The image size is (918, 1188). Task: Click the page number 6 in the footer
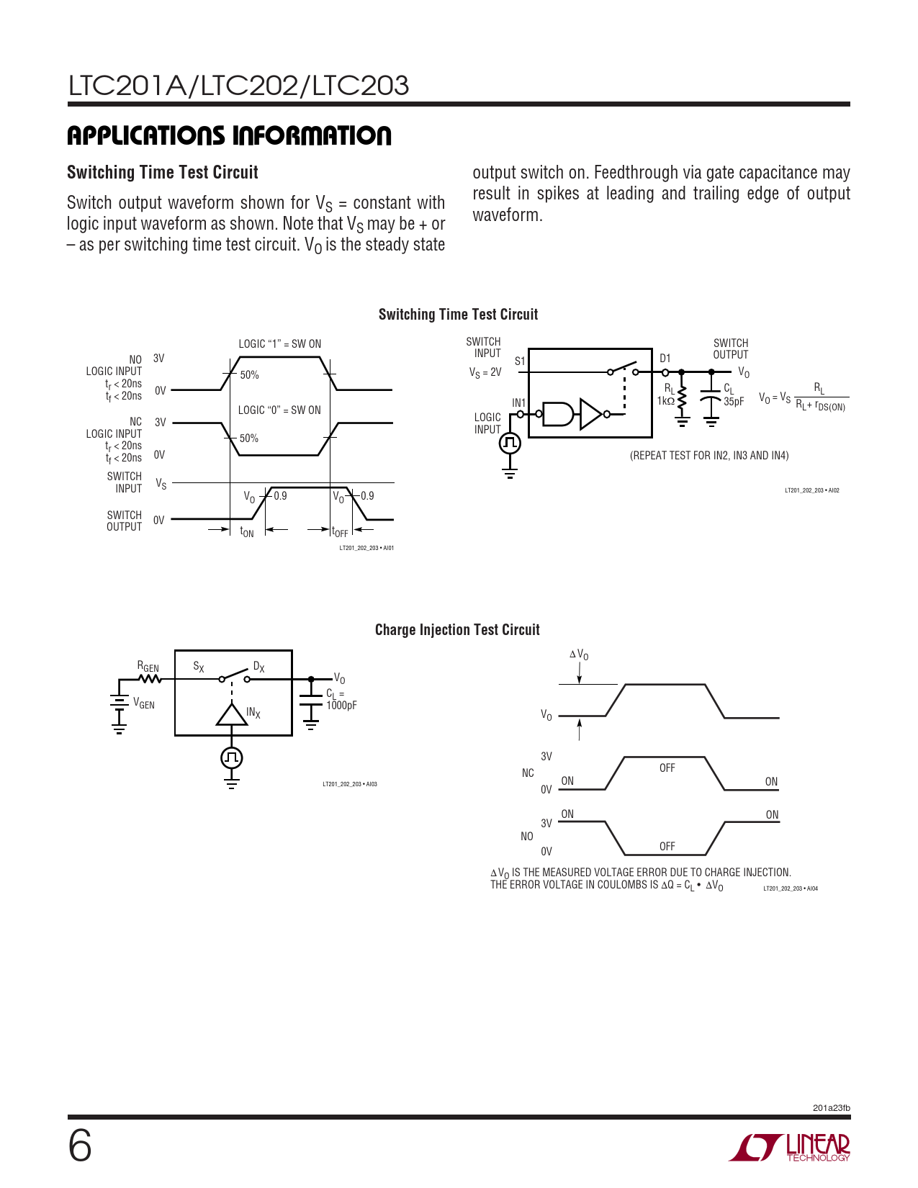(x=80, y=1146)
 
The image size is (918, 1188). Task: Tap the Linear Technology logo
(x=790, y=1147)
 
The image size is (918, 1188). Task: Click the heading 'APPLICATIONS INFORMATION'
(x=229, y=135)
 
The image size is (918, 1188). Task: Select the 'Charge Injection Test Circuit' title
(x=457, y=630)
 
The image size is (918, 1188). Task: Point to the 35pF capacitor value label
(x=734, y=402)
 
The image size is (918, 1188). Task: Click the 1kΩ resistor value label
(x=666, y=401)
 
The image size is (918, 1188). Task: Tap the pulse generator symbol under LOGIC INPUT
(x=510, y=443)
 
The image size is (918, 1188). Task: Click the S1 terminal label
(x=520, y=361)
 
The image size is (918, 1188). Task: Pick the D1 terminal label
(x=665, y=358)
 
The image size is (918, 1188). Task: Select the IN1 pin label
(x=518, y=403)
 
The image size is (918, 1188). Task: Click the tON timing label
(x=247, y=532)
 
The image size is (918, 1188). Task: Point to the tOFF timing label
(x=340, y=532)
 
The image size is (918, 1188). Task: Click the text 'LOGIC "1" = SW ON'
(x=280, y=344)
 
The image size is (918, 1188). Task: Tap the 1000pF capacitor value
(x=341, y=706)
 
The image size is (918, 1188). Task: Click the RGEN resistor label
(x=148, y=667)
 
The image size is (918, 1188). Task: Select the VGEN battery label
(x=144, y=703)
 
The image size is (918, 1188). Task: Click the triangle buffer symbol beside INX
(x=232, y=714)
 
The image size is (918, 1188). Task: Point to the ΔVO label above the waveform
(x=579, y=654)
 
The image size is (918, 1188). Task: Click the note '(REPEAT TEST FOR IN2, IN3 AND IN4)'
(x=709, y=456)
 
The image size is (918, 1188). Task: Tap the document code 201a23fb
(x=831, y=1108)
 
